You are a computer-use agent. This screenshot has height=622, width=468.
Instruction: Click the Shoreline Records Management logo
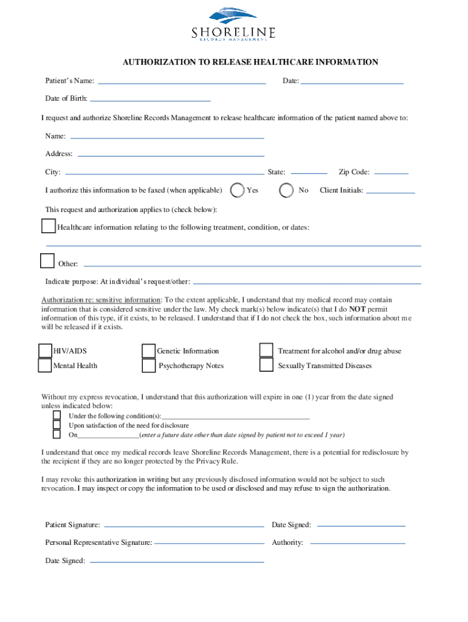234,25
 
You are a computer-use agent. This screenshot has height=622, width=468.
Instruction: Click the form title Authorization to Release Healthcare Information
250,62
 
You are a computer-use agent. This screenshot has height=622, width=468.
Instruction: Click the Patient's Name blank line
182,82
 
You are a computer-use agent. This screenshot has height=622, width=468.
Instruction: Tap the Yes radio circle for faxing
238,190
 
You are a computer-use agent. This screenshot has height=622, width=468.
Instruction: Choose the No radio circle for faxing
286,190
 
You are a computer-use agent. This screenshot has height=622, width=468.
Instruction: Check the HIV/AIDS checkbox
45,351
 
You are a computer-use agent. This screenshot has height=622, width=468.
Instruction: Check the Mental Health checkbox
45,366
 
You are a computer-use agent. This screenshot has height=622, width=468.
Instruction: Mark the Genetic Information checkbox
148,351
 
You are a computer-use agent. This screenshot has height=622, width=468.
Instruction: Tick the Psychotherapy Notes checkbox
148,366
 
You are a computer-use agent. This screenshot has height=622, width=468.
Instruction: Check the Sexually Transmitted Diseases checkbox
266,365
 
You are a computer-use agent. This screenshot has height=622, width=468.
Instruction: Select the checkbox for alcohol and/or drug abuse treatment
266,350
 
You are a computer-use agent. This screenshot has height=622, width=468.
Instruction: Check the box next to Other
47,261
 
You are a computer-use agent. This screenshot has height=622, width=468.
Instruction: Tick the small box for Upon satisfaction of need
57,425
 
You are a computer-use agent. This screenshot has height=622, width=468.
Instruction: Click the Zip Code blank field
391,173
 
